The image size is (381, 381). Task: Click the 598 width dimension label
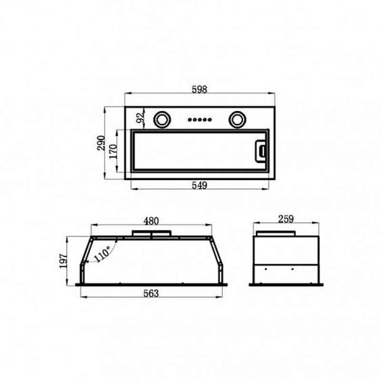(200, 90)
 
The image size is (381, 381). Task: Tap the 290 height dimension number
(101, 143)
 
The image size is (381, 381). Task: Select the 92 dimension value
(140, 117)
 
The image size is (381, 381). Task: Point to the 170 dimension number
(113, 151)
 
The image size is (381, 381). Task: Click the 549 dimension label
(200, 185)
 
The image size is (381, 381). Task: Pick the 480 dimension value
(151, 221)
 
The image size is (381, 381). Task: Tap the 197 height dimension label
(63, 261)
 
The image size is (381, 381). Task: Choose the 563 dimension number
(151, 293)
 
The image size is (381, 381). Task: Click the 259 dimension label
(286, 219)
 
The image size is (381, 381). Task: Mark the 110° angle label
(103, 253)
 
